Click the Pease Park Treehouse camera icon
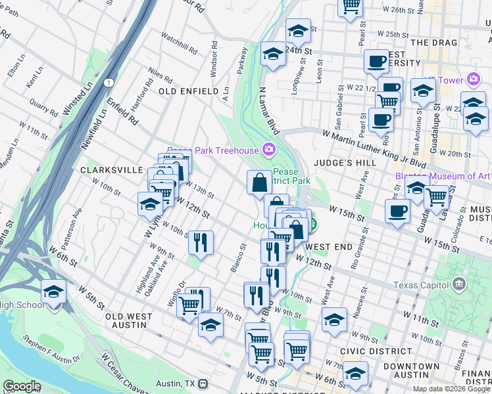pyautogui.click(x=268, y=150)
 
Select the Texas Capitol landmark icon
pyautogui.click(x=459, y=285)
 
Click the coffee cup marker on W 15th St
pyautogui.click(x=397, y=211)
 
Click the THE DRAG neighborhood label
pyautogui.click(x=429, y=43)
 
